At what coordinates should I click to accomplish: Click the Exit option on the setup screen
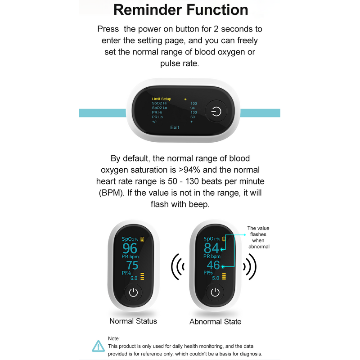(x=175, y=127)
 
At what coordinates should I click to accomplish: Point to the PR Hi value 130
(x=193, y=112)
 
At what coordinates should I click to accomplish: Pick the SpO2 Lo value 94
(x=193, y=108)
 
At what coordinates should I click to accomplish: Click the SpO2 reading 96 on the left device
(x=130, y=248)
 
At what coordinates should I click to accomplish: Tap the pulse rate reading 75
(x=132, y=265)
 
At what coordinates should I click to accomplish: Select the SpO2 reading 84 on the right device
(x=211, y=248)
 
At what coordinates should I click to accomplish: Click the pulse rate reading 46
(x=213, y=265)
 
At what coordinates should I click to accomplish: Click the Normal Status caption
(x=133, y=321)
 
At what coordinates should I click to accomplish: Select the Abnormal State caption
(x=215, y=322)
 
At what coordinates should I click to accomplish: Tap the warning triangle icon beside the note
(x=98, y=346)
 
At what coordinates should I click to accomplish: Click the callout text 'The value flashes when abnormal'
(x=258, y=237)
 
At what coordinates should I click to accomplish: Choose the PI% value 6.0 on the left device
(x=134, y=278)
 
